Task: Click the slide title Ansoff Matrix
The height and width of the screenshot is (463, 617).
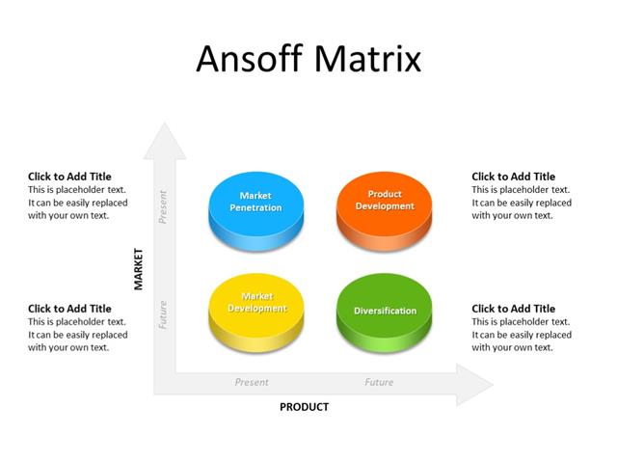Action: pos(308,59)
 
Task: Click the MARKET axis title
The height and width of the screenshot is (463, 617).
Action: pos(138,268)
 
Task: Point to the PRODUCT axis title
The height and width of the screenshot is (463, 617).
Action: pos(304,407)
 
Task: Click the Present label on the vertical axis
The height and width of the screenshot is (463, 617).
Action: pos(163,206)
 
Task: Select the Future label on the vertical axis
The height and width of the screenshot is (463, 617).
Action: pos(163,314)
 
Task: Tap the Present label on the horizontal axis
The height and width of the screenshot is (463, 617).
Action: pos(252,382)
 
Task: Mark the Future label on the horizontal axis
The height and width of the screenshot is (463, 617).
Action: pos(379,382)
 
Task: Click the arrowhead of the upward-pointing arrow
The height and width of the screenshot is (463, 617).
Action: pos(165,141)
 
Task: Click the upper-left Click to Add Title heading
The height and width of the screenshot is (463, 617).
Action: pos(69,177)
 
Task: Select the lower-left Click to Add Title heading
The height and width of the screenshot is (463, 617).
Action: pos(69,309)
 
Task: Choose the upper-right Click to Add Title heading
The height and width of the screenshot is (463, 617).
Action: pos(513,177)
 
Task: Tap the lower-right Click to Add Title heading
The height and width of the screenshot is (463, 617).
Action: pos(513,309)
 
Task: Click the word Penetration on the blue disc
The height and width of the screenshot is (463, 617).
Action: pos(255,208)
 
